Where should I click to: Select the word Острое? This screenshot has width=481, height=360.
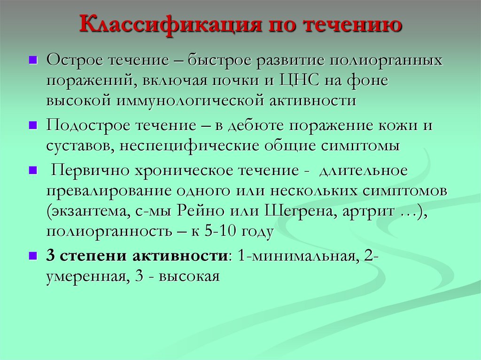click(x=75, y=61)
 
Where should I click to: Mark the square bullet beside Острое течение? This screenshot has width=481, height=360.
click(x=33, y=61)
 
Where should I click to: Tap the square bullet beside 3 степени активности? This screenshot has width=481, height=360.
click(x=33, y=256)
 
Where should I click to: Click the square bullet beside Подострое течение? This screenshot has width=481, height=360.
click(x=33, y=126)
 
